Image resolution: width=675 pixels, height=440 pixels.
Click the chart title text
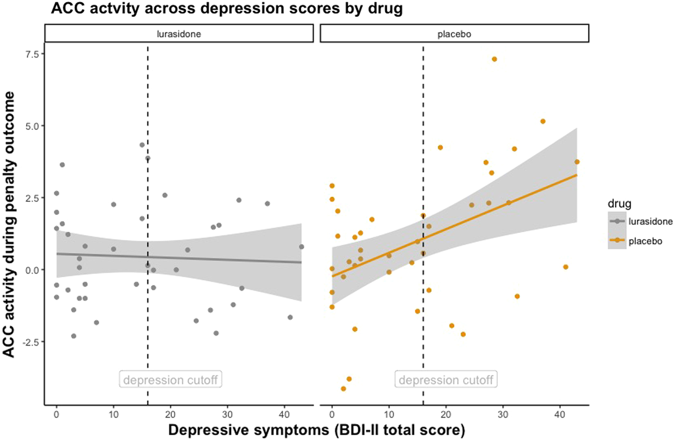tap(226, 8)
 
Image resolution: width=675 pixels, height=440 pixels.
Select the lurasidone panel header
tap(179, 34)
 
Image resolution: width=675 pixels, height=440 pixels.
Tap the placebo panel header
tap(454, 34)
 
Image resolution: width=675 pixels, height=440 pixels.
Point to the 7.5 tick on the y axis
tap(32, 54)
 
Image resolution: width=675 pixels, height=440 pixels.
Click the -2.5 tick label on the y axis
tap(31, 342)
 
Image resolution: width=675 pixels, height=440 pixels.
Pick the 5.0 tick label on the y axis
tap(32, 126)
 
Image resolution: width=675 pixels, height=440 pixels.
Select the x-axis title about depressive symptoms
tap(316, 430)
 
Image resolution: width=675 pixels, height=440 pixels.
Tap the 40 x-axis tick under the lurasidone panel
tap(284, 414)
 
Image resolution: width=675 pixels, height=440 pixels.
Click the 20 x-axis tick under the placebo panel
tap(446, 414)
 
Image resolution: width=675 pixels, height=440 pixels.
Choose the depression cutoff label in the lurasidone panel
tap(171, 380)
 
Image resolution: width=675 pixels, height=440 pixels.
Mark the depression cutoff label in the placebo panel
tap(446, 380)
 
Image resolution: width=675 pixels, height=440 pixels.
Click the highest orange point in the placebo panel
tap(494, 59)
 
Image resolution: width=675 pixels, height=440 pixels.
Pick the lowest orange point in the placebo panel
tap(343, 389)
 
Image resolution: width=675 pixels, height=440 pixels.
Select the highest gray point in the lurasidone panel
tap(142, 145)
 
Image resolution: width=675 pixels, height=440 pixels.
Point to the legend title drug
tap(619, 204)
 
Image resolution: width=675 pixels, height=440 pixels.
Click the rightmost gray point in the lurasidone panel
tap(301, 247)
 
